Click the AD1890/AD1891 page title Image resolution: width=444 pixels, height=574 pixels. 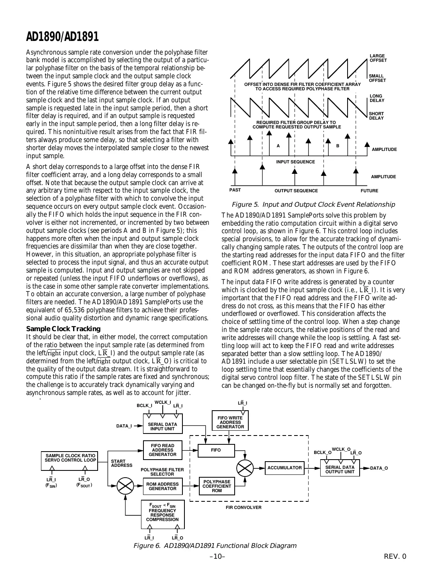[x=62, y=37]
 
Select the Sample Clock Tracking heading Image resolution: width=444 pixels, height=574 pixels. [x=63, y=329]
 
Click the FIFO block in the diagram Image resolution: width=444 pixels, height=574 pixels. [x=216, y=450]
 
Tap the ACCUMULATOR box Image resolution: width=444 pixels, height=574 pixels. [x=284, y=468]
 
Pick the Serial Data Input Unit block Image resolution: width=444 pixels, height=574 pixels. [x=162, y=427]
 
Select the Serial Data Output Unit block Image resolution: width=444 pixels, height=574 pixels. [x=340, y=470]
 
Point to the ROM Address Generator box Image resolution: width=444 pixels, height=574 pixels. [x=162, y=486]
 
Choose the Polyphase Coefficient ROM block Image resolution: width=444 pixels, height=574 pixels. [x=217, y=486]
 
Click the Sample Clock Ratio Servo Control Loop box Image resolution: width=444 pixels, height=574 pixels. [x=70, y=458]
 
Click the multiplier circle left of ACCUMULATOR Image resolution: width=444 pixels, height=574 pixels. [x=245, y=468]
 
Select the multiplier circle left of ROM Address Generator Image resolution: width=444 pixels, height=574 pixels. [x=125, y=486]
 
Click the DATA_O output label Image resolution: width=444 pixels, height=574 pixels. [x=379, y=468]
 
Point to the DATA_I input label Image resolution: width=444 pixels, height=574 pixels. [x=124, y=426]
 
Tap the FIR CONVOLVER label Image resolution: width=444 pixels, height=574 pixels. [x=243, y=508]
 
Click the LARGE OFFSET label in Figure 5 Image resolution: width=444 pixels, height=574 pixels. [x=378, y=58]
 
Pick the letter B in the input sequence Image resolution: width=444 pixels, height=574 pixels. [x=338, y=146]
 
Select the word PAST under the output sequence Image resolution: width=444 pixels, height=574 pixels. [x=235, y=190]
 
